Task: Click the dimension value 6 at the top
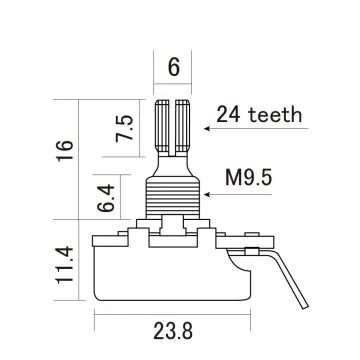174,69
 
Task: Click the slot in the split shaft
174,120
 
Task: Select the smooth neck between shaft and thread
174,160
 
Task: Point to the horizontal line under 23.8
174,313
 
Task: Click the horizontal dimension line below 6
174,88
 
